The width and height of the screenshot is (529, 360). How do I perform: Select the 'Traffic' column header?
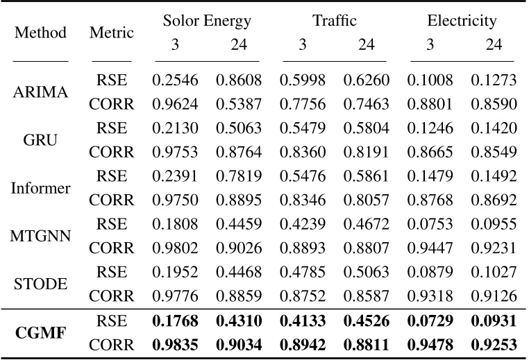coord(334,21)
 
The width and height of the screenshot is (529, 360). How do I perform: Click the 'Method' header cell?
coord(40,33)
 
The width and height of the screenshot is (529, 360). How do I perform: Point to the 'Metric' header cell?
coord(111,33)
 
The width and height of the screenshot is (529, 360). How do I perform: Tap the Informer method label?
coord(40,188)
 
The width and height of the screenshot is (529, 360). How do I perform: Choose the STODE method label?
coord(40,284)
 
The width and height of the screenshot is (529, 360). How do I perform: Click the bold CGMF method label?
coord(40,332)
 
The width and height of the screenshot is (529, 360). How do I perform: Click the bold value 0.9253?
coord(493,344)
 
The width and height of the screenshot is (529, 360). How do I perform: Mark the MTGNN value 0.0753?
coord(430,224)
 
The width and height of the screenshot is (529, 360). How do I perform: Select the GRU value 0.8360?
coord(303,153)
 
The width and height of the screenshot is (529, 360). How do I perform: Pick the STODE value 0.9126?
coord(493,296)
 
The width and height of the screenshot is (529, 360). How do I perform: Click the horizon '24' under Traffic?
coord(366,45)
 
